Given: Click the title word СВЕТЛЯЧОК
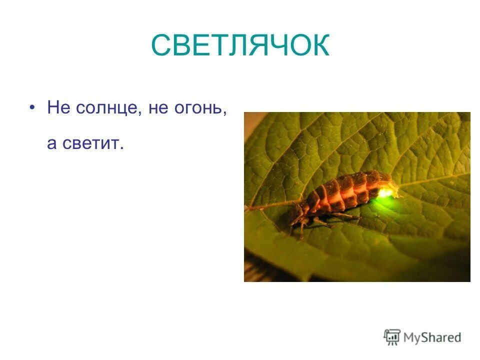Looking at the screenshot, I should [240, 45].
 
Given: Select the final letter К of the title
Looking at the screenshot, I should [319, 46].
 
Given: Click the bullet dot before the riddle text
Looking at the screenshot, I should [33, 107].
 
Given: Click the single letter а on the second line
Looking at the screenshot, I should [52, 144].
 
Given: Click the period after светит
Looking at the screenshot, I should [121, 148].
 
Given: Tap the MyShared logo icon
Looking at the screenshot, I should [392, 336].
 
